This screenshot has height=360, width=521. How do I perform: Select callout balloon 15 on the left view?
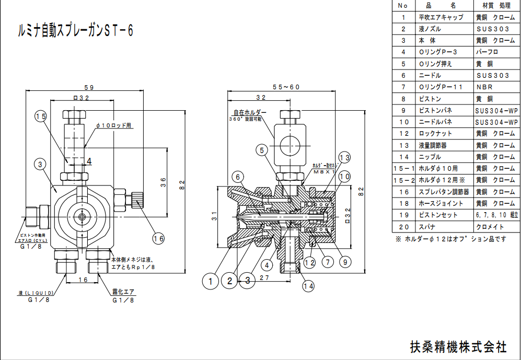pyautogui.click(x=41, y=116)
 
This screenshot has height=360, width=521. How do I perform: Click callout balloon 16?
pyautogui.click(x=158, y=238)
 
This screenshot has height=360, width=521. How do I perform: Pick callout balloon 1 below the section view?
pyautogui.click(x=211, y=281)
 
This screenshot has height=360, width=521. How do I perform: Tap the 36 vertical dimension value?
pyautogui.click(x=163, y=182)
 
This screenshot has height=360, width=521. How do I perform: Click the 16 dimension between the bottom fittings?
pyautogui.click(x=83, y=280)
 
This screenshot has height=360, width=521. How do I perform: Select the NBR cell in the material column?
pyautogui.click(x=484, y=87)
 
